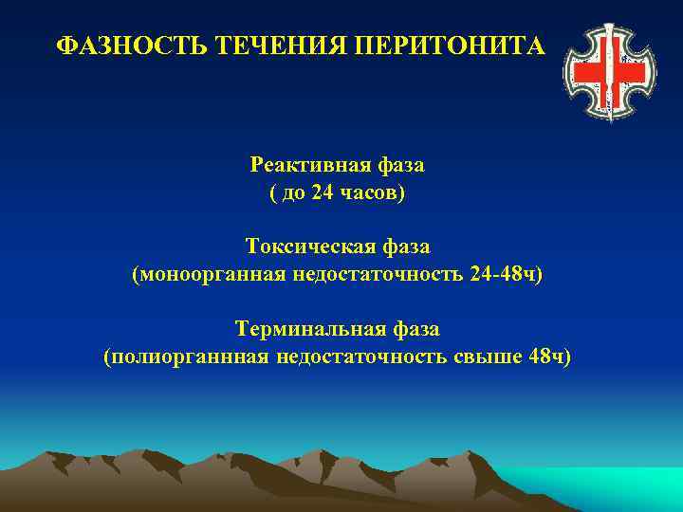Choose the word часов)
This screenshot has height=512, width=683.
[x=372, y=192]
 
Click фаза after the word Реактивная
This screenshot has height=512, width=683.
[x=399, y=165]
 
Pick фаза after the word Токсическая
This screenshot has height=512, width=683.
[x=405, y=247]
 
